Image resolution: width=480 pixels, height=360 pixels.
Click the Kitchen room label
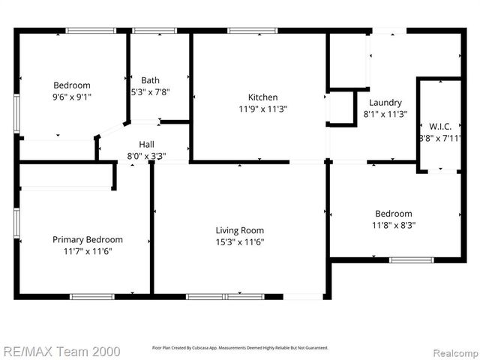(263, 97)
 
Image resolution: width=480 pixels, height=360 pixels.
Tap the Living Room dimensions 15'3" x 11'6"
(240, 242)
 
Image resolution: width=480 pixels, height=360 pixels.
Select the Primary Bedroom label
(87, 239)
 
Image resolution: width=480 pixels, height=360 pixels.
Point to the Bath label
(151, 80)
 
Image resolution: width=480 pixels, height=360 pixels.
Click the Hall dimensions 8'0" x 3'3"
(147, 156)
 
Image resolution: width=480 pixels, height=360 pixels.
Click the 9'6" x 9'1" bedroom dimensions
(72, 97)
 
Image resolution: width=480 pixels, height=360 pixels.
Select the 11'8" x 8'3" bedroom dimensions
(394, 224)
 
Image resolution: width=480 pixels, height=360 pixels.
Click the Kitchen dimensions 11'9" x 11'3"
(263, 109)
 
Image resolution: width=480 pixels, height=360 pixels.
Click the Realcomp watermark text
(451, 350)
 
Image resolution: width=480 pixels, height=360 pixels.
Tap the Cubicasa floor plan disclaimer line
(240, 348)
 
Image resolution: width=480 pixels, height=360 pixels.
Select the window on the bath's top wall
(150, 31)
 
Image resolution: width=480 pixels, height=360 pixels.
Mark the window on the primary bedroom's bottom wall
(91, 296)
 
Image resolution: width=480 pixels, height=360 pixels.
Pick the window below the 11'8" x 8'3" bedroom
(411, 260)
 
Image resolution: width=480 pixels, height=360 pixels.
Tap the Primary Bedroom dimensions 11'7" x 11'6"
(87, 251)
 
